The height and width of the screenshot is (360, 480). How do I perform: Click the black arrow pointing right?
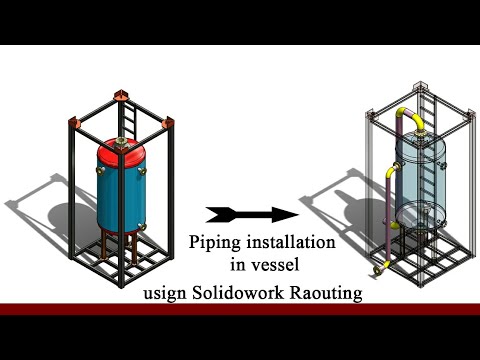[x=251, y=213]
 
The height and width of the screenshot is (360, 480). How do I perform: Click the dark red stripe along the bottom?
[x=240, y=309]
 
